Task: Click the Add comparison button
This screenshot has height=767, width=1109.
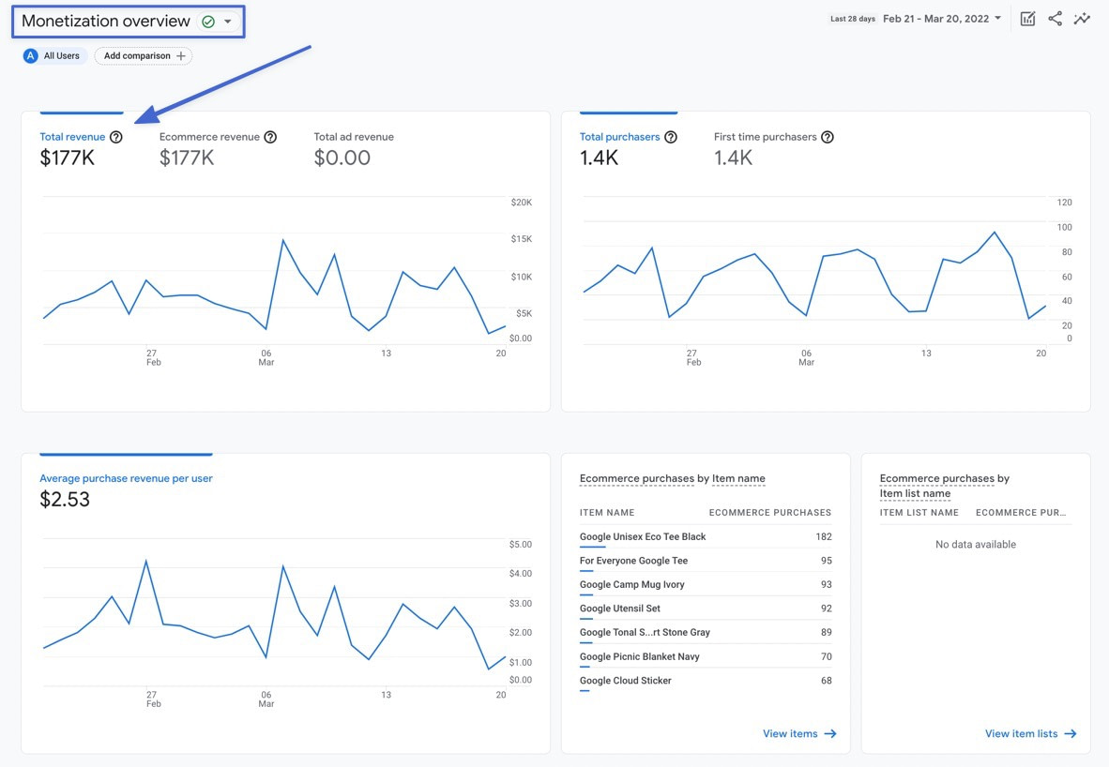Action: click(144, 56)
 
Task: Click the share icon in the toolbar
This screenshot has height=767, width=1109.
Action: click(1056, 19)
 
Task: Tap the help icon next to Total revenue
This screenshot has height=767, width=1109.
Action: click(116, 137)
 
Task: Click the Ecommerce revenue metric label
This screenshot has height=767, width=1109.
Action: click(209, 137)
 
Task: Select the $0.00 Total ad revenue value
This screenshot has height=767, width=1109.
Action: click(342, 158)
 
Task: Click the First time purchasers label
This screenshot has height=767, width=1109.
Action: click(765, 137)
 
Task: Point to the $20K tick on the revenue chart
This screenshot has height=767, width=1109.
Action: click(521, 203)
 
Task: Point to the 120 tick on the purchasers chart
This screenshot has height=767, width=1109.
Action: click(1064, 203)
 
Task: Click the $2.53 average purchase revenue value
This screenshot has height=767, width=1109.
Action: click(65, 500)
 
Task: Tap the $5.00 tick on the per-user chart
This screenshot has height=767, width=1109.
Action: click(520, 545)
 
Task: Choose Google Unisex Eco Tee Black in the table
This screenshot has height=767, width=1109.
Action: click(643, 536)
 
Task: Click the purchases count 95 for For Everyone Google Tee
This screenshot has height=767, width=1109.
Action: click(826, 561)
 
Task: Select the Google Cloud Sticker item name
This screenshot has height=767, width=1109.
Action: click(626, 681)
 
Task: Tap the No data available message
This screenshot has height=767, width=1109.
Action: click(976, 545)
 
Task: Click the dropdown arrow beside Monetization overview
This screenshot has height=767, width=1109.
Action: click(228, 22)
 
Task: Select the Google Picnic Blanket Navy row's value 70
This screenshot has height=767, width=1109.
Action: click(826, 656)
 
